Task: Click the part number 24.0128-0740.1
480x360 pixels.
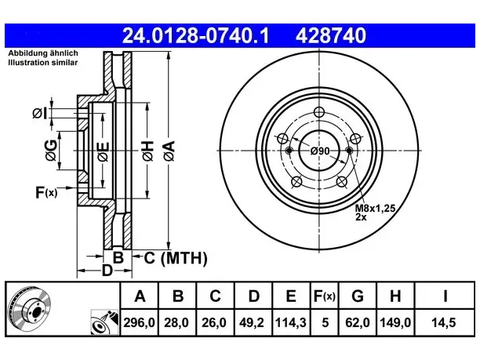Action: click(195, 35)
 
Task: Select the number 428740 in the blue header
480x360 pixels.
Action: click(331, 35)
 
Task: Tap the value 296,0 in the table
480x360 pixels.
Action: click(140, 322)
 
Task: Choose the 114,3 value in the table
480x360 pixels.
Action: click(290, 322)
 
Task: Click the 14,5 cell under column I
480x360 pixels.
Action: click(444, 322)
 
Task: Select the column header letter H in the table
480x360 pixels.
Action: click(395, 296)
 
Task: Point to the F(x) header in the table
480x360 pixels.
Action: click(325, 296)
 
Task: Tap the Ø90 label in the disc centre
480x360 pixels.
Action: click(320, 151)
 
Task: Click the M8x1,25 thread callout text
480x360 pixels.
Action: click(376, 209)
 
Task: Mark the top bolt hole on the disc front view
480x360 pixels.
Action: click(319, 111)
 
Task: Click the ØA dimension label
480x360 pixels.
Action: click(169, 151)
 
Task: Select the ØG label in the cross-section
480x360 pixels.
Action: click(52, 151)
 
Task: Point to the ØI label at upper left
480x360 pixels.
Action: click(40, 114)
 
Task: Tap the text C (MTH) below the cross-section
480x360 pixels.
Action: click(176, 258)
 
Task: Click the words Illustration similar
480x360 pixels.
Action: click(43, 63)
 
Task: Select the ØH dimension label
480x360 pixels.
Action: click(147, 151)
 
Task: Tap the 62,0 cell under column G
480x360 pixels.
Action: click(358, 322)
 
